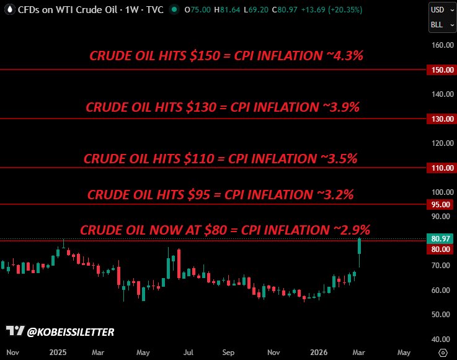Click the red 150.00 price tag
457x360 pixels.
click(441, 70)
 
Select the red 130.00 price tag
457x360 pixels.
click(441, 119)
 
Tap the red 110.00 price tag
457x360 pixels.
click(441, 168)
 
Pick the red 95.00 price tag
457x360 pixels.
click(441, 204)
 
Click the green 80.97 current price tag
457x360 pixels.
click(441, 238)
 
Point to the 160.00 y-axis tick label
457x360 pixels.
click(441, 45)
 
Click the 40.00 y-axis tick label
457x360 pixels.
click(441, 339)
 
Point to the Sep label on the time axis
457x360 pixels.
click(228, 352)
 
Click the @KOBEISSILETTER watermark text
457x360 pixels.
click(71, 332)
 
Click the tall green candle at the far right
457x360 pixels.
click(360, 247)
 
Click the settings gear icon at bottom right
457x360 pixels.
click(443, 352)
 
